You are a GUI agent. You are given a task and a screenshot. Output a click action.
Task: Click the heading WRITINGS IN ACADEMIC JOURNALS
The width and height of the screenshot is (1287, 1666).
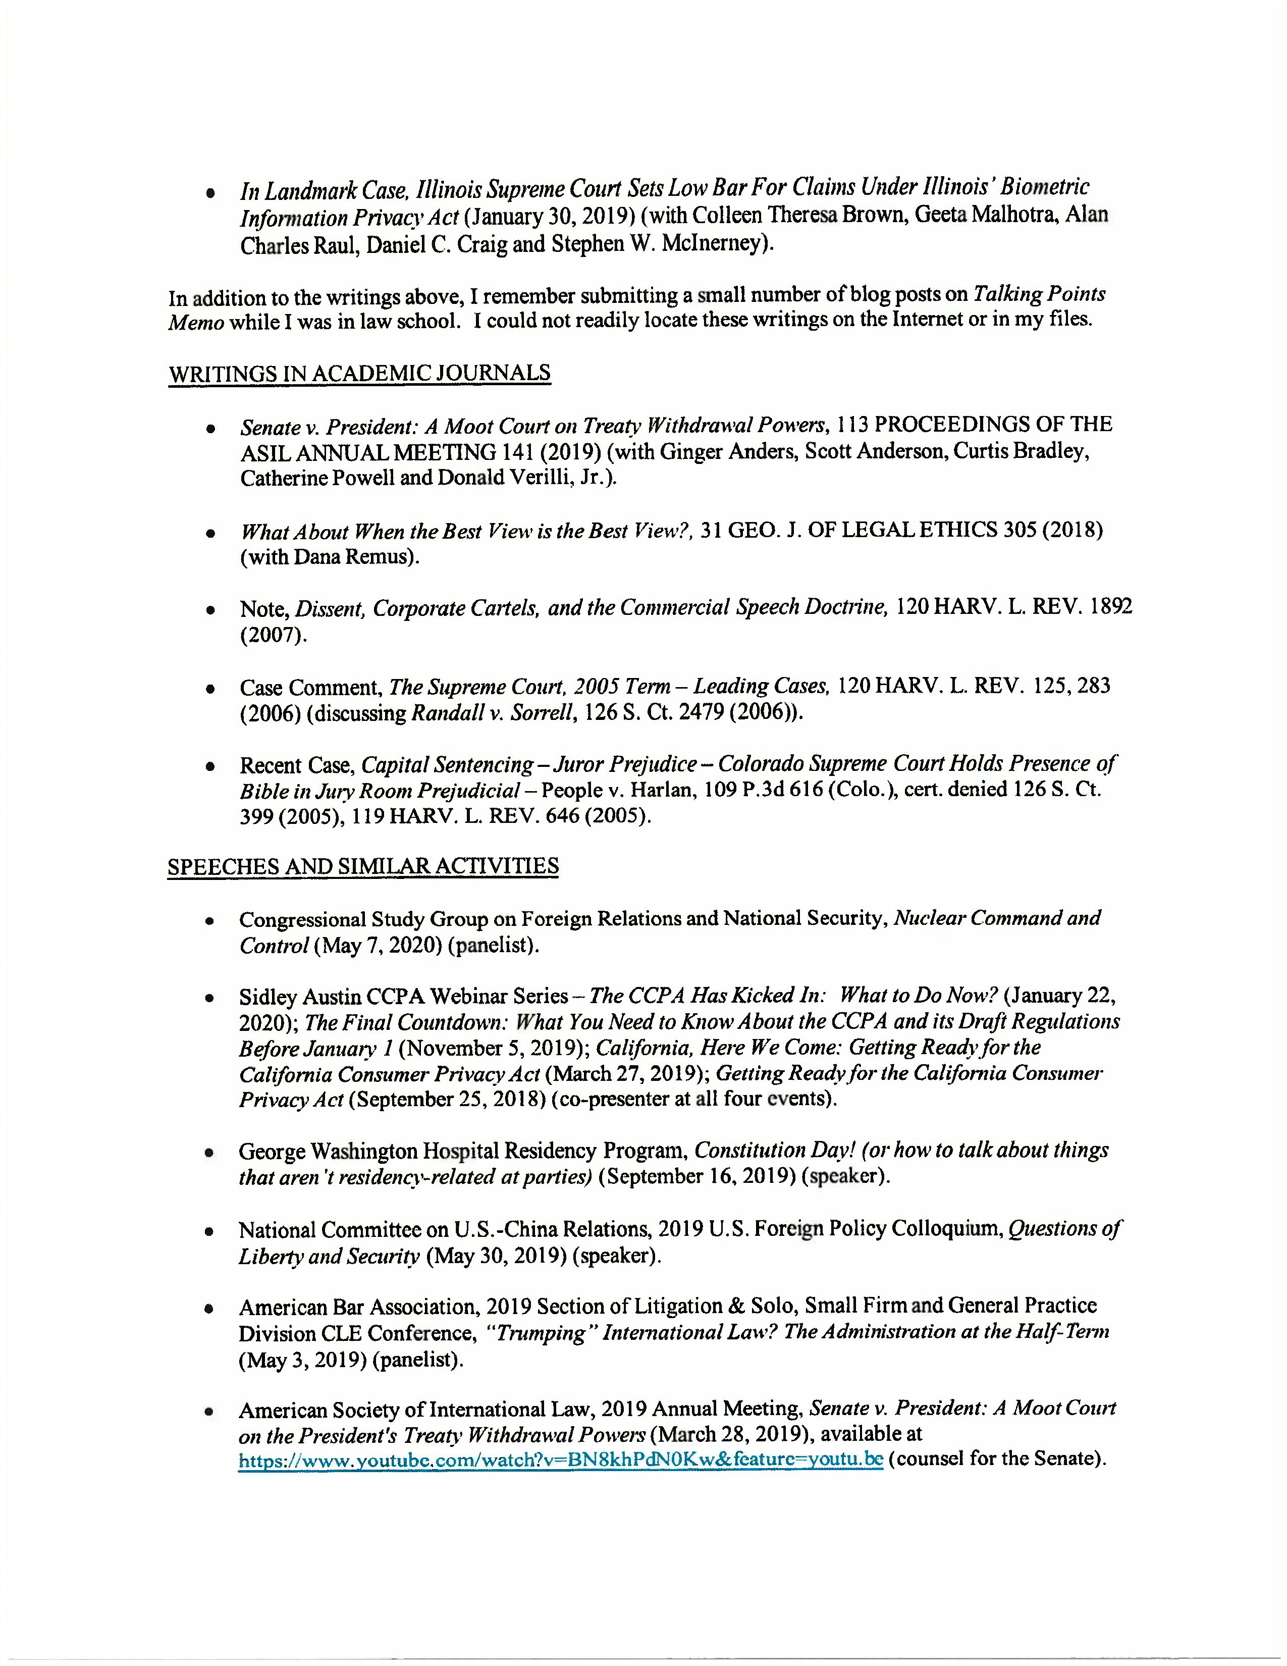point(359,373)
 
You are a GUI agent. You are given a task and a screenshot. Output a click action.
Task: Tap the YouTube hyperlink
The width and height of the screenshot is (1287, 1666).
point(560,1460)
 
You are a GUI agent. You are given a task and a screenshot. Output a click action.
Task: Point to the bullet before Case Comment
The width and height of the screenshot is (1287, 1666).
point(209,688)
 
